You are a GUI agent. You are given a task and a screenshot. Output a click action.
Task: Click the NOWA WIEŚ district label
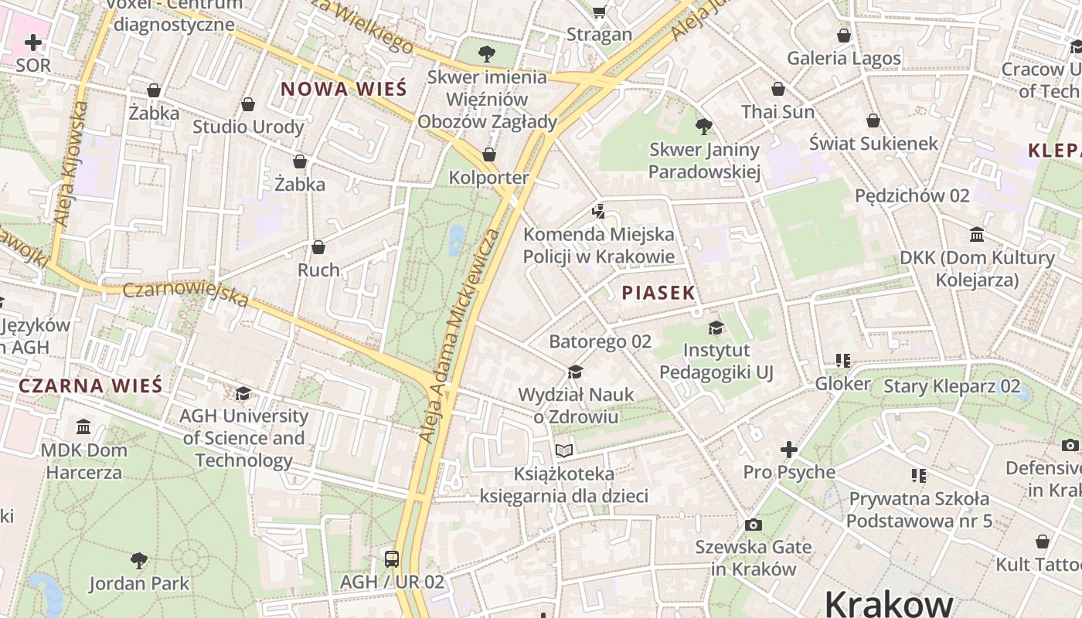[343, 89]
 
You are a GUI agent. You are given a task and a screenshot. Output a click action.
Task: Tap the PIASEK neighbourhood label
[658, 293]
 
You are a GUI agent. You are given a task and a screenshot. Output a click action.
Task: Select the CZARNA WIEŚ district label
[90, 385]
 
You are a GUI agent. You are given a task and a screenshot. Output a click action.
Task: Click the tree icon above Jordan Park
[139, 560]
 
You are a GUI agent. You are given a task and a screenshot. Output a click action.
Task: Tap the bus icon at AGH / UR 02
[392, 559]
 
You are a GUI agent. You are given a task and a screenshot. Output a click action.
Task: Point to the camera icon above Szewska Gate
[754, 525]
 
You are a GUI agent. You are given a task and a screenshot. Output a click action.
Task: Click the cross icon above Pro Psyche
[788, 449]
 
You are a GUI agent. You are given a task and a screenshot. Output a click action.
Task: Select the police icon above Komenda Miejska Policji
[598, 211]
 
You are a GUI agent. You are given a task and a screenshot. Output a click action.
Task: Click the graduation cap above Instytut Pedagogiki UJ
[716, 328]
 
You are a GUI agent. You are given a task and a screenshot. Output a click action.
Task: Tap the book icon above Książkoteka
[564, 450]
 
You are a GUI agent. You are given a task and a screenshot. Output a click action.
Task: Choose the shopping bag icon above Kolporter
[488, 155]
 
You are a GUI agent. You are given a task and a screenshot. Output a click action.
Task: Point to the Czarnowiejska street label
[185, 294]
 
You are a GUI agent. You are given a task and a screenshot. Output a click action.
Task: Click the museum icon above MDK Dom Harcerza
[83, 426]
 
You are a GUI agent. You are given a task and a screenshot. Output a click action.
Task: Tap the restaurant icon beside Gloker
[843, 361]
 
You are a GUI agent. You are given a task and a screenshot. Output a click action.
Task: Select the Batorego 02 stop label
[600, 341]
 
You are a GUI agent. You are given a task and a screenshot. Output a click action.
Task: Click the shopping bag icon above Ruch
[318, 247]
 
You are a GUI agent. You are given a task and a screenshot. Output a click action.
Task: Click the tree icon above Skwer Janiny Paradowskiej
[703, 126]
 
